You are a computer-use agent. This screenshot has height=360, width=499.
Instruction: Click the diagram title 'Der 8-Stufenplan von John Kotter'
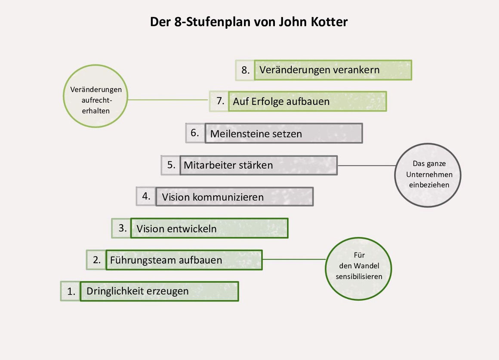(249, 22)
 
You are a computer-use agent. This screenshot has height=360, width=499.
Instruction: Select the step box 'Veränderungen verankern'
(333, 70)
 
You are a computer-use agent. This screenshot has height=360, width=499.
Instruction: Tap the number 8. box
(245, 70)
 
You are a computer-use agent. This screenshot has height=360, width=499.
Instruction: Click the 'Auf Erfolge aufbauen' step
(308, 101)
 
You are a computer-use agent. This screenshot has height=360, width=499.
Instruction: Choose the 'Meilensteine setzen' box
(283, 133)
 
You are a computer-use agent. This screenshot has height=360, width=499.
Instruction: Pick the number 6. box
(195, 133)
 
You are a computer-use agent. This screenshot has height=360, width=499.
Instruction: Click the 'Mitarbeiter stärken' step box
(259, 165)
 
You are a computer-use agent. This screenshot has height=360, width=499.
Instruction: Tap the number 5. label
(171, 165)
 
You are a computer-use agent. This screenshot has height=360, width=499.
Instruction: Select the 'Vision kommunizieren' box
(234, 197)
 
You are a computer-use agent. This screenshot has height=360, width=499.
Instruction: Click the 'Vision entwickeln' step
(209, 228)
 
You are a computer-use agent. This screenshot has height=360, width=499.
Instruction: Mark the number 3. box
(121, 228)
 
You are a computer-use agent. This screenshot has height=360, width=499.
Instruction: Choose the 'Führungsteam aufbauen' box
(184, 260)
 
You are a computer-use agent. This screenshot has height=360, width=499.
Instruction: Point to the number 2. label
(96, 260)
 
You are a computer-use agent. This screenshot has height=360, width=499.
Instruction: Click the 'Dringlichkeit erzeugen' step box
(159, 291)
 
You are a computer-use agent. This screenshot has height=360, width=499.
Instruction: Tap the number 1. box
(70, 291)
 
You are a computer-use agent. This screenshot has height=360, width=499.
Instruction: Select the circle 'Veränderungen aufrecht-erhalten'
(95, 96)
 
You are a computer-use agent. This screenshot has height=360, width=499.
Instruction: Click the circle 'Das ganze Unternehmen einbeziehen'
(428, 175)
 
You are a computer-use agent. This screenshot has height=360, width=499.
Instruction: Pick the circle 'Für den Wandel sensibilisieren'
(358, 269)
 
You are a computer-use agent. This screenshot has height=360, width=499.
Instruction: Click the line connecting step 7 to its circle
(168, 100)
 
